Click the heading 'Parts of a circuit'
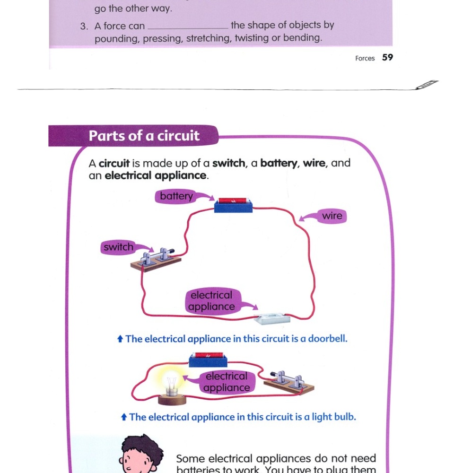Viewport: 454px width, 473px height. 144,136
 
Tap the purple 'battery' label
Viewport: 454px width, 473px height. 176,196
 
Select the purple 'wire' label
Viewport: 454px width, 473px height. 332,216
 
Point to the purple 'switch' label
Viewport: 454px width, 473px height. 118,247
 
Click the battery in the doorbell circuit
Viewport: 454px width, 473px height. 233,205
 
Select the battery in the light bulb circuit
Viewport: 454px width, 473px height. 208,359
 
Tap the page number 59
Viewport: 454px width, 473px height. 387,58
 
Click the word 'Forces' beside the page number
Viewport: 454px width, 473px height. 365,58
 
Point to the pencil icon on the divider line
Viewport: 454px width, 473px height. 428,85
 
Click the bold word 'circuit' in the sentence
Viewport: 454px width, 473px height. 114,164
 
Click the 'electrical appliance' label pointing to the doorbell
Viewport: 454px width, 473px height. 211,301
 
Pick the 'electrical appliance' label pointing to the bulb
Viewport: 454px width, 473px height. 227,382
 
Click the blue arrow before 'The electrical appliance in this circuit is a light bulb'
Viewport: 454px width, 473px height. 124,417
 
